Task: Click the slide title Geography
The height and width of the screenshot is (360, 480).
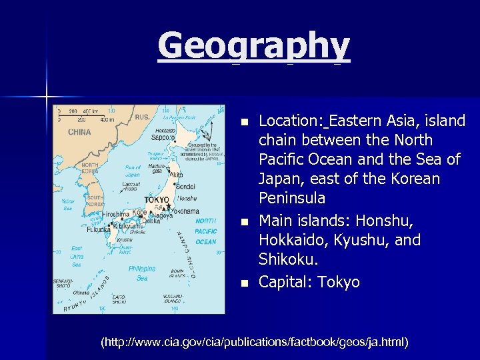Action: pyautogui.click(x=253, y=47)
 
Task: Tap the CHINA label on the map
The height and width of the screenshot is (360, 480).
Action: pyautogui.click(x=79, y=132)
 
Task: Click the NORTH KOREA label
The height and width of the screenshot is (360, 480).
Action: pyautogui.click(x=89, y=167)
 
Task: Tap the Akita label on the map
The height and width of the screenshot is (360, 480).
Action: pyautogui.click(x=177, y=174)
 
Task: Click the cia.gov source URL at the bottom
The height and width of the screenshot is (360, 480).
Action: pyautogui.click(x=254, y=342)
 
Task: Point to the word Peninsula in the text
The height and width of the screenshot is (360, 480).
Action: pyautogui.click(x=291, y=198)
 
